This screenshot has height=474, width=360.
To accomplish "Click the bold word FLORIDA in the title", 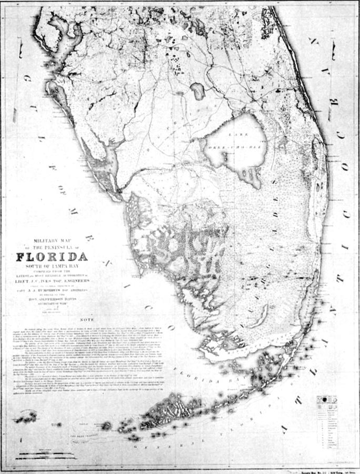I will pyautogui.click(x=52, y=258).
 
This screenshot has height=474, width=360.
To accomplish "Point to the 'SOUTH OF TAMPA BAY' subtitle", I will pyautogui.click(x=52, y=267).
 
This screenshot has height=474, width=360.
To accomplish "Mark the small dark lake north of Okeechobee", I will pyautogui.click(x=197, y=91).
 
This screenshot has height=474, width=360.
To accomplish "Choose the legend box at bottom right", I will pyautogui.click(x=331, y=421).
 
